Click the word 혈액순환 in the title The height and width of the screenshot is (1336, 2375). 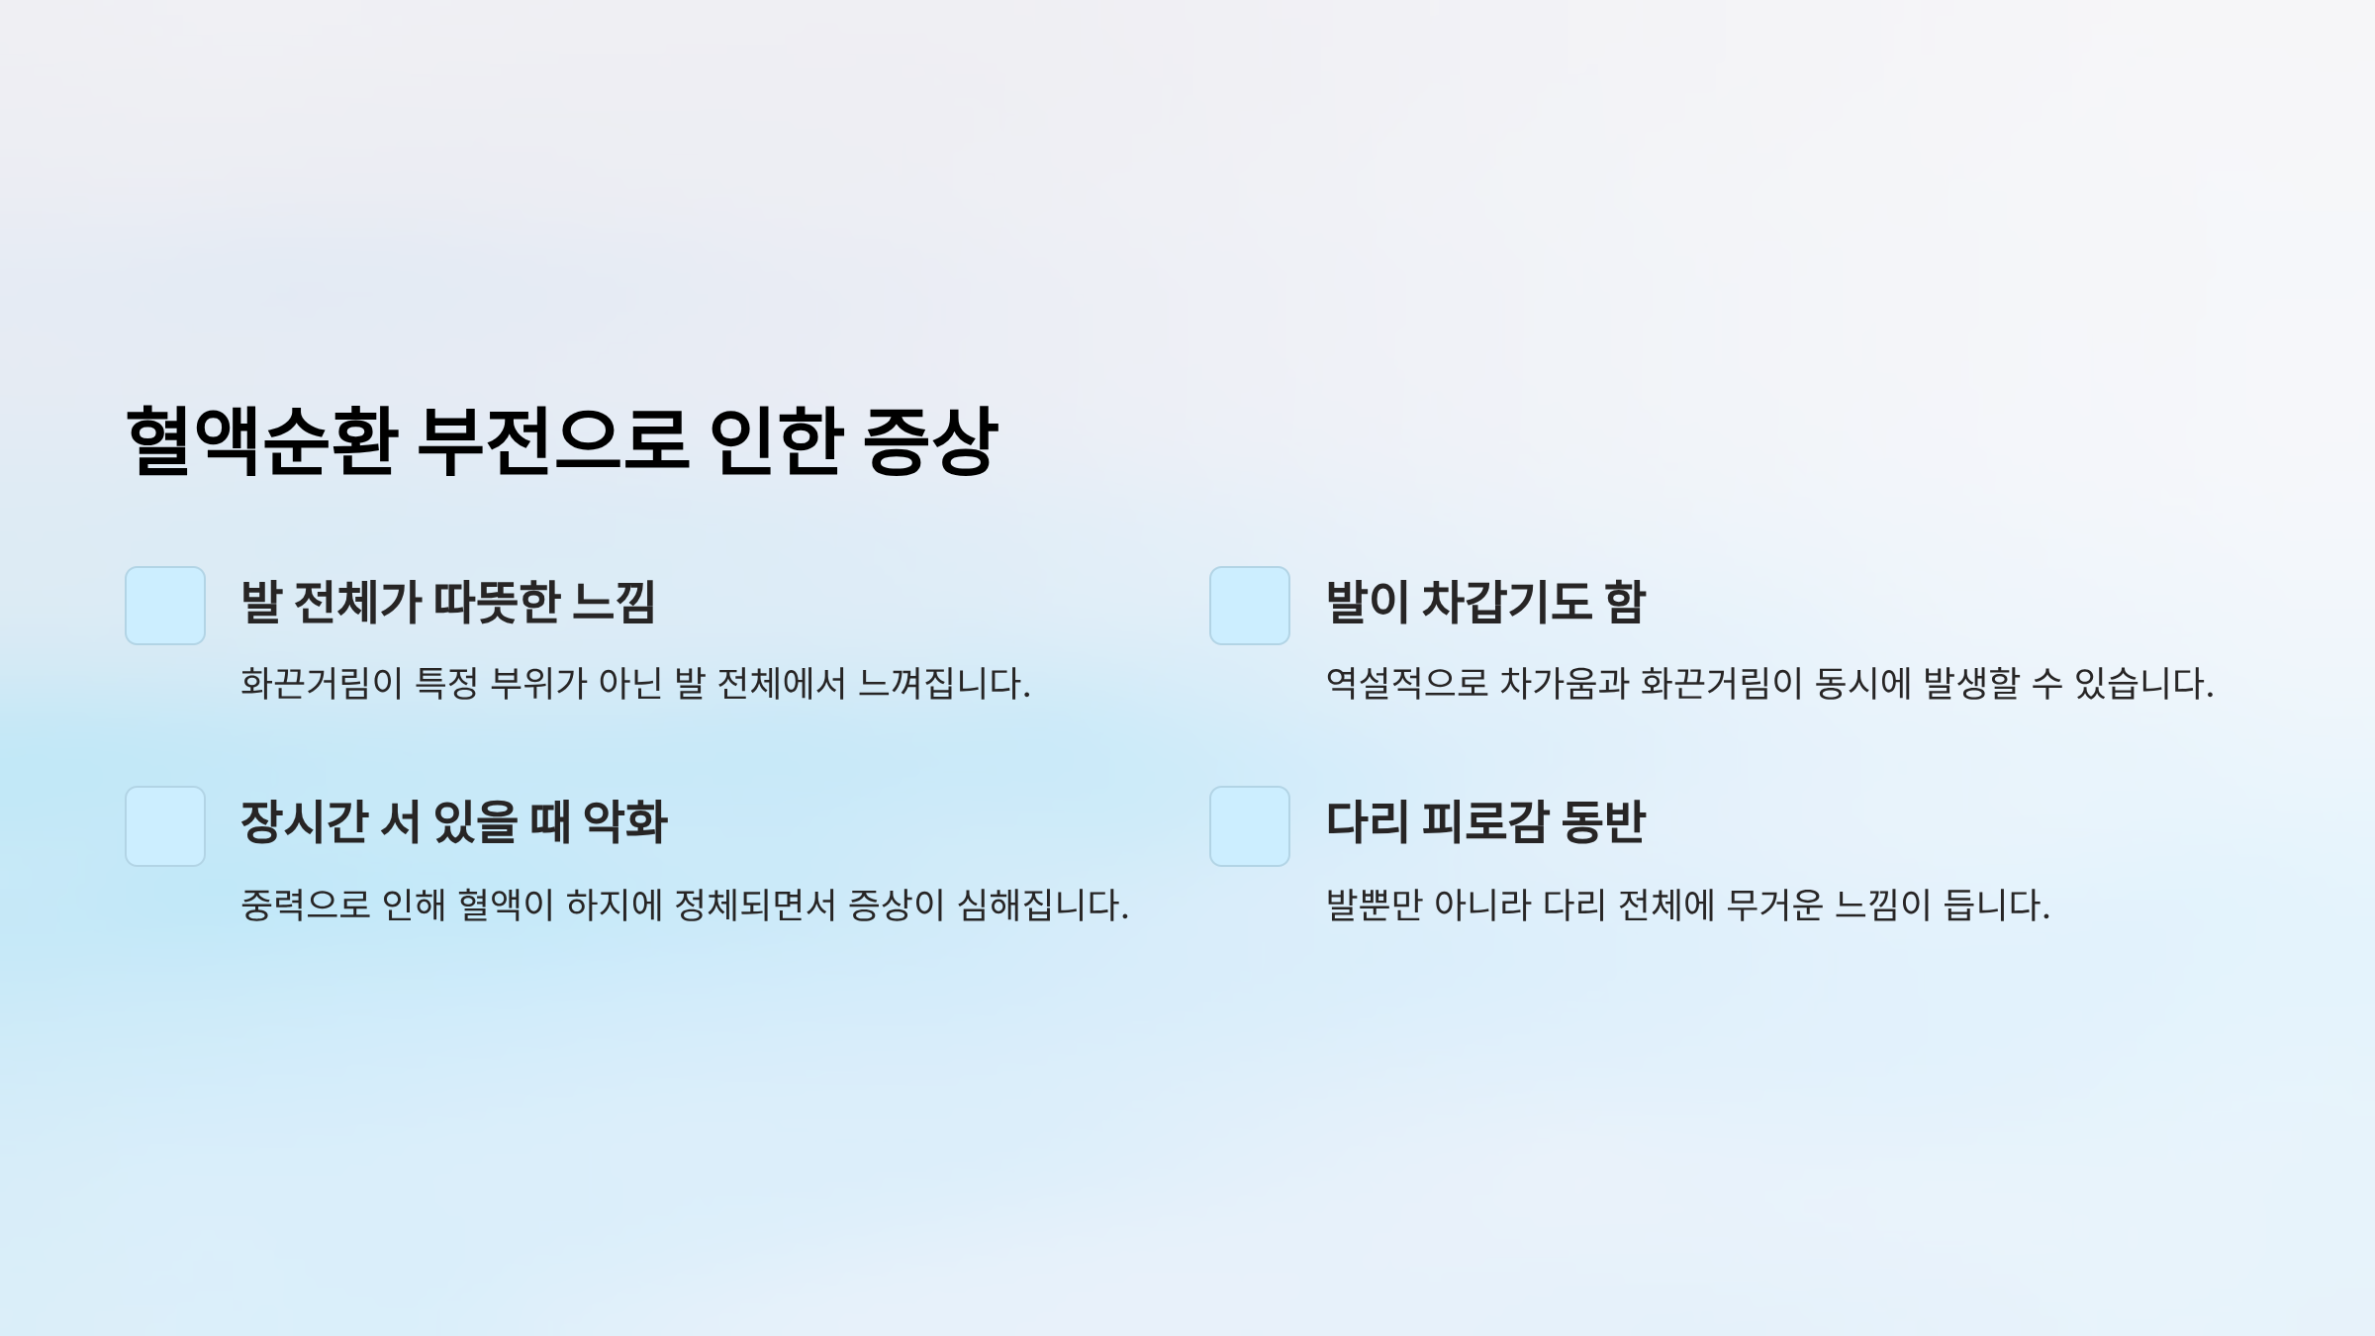pyautogui.click(x=261, y=440)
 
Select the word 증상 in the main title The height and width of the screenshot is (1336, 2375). pyautogui.click(x=929, y=440)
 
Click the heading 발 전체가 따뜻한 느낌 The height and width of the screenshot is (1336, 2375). pyautogui.click(x=447, y=602)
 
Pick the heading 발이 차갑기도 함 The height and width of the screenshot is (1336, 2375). pyautogui.click(x=1484, y=602)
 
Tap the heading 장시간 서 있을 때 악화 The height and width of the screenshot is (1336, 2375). pyautogui.click(x=454, y=822)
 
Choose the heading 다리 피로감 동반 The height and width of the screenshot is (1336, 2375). pyautogui.click(x=1484, y=822)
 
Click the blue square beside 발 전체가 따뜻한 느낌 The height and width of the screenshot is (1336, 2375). pyautogui.click(x=165, y=606)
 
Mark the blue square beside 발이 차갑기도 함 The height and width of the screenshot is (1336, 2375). pyautogui.click(x=1250, y=606)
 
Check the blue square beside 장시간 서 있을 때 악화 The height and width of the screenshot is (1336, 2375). pyautogui.click(x=165, y=826)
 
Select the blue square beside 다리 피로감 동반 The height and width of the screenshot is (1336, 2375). pyautogui.click(x=1250, y=826)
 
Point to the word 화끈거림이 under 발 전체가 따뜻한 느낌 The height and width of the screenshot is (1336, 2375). pyautogui.click(x=321, y=684)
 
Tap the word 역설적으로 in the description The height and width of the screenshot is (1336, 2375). pyautogui.click(x=1406, y=684)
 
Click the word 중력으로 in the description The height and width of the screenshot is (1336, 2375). pyautogui.click(x=305, y=905)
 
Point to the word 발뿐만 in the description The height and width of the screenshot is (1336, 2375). pyautogui.click(x=1372, y=905)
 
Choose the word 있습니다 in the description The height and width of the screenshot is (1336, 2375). pyautogui.click(x=2141, y=684)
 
